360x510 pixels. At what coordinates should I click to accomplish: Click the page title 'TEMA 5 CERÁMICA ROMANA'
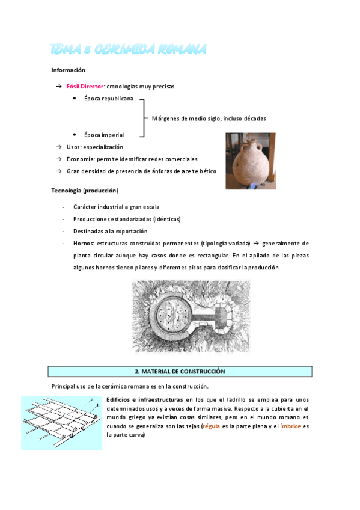(128, 49)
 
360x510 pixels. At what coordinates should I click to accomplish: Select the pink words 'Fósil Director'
(85, 87)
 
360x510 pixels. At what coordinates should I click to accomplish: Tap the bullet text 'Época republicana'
(109, 99)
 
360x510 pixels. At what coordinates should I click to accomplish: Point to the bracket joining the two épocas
(144, 117)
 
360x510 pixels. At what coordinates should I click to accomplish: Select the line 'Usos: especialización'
(95, 147)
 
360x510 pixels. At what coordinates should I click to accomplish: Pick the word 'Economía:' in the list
(81, 159)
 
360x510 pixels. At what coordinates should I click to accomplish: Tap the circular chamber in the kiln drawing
(175, 315)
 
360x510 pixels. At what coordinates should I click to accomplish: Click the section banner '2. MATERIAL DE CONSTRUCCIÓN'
(180, 372)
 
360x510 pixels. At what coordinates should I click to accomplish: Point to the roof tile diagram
(61, 422)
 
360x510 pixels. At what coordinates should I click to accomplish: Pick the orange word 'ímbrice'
(290, 426)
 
